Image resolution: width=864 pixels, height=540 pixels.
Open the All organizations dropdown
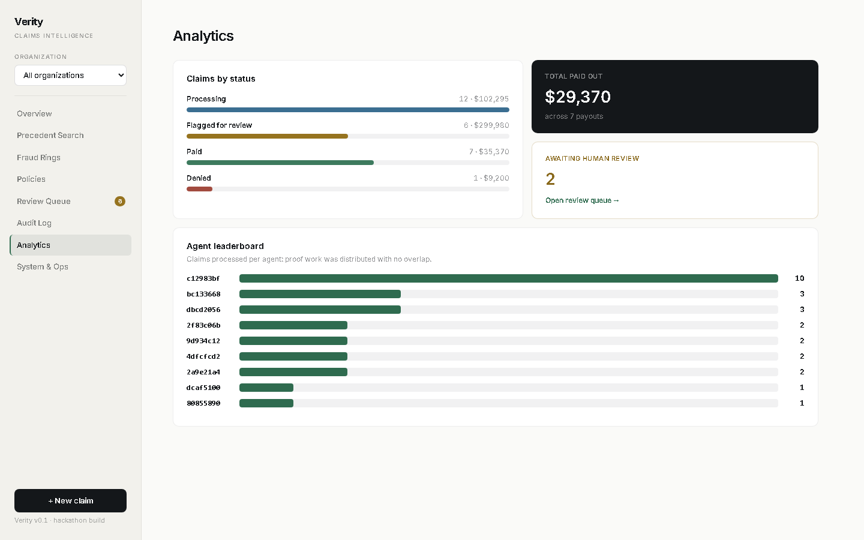tap(70, 75)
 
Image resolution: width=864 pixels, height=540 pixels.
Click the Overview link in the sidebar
tap(34, 114)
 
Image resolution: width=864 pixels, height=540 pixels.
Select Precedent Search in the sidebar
tap(50, 136)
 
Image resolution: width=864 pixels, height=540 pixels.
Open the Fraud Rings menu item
tap(38, 157)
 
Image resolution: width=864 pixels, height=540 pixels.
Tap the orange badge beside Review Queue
tap(120, 202)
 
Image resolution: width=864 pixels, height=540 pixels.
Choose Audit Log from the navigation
tap(34, 223)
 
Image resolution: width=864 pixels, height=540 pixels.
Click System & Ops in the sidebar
tap(43, 267)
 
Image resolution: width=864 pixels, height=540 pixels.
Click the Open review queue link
tap(582, 200)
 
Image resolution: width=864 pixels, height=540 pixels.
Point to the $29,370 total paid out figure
tap(578, 97)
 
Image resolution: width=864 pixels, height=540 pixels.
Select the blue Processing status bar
tap(348, 110)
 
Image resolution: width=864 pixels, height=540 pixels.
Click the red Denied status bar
tap(199, 189)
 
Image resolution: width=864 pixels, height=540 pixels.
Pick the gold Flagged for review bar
tap(268, 136)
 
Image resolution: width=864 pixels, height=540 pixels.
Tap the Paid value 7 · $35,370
tap(489, 152)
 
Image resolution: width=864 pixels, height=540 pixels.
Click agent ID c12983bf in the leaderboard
tap(203, 278)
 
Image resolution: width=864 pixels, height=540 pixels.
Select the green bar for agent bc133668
tap(320, 294)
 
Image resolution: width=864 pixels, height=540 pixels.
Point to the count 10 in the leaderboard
tap(800, 278)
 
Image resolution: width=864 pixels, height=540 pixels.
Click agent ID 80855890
tap(203, 403)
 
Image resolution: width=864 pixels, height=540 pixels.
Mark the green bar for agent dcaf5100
tap(266, 388)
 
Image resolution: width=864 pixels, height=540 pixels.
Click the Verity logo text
tap(29, 22)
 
